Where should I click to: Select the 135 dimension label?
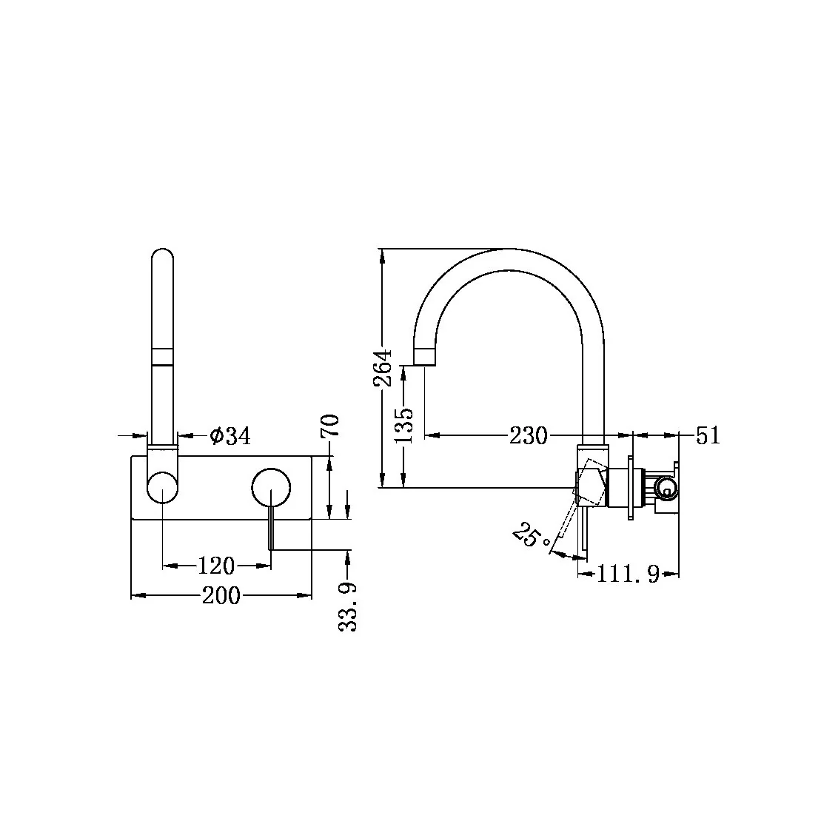[404, 423]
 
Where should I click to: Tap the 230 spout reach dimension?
[528, 436]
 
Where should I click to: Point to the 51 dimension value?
[708, 435]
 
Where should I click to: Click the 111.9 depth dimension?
[629, 574]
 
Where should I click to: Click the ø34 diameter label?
[229, 437]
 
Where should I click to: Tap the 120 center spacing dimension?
[216, 566]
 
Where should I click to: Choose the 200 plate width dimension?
[221, 595]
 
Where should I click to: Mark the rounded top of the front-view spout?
[162, 255]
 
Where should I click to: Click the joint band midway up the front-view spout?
[162, 356]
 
